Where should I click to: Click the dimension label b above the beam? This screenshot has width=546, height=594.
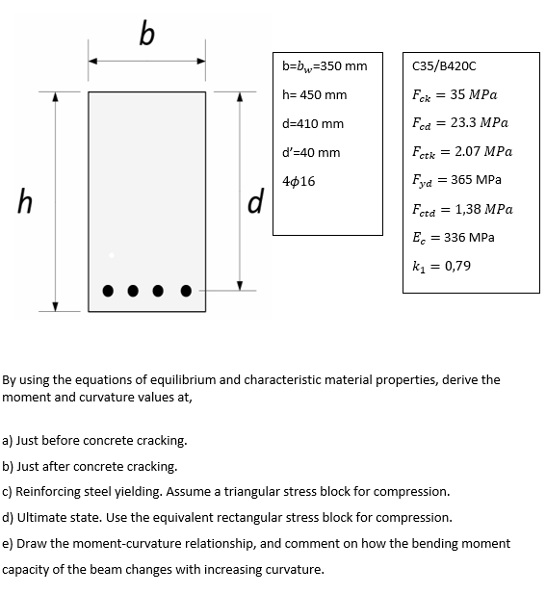145,36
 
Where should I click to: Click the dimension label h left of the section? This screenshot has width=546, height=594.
25,202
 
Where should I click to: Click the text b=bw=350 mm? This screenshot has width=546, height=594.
325,66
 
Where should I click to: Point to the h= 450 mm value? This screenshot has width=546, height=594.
315,95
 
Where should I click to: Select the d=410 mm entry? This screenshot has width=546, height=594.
313,124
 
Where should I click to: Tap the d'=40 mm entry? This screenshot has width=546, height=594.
311,153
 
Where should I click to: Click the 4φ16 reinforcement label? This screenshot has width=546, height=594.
299,181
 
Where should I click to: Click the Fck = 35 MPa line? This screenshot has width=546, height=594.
454,95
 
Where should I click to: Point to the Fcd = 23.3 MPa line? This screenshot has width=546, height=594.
458,123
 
